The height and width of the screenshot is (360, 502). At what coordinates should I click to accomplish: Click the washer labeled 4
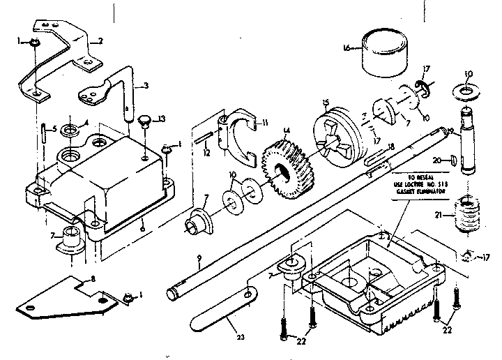(70, 130)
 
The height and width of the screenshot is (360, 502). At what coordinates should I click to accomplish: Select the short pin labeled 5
(44, 130)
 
